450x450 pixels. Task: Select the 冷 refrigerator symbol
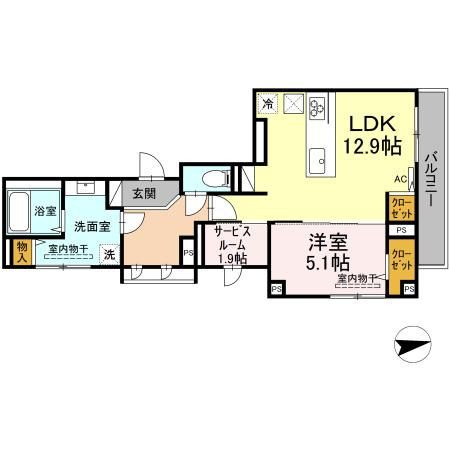click(x=268, y=102)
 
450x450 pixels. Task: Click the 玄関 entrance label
click(x=143, y=193)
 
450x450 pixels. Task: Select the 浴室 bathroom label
click(x=44, y=212)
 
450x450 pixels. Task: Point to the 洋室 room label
click(x=328, y=240)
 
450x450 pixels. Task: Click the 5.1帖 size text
click(x=327, y=263)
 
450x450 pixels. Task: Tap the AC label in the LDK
click(x=399, y=179)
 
